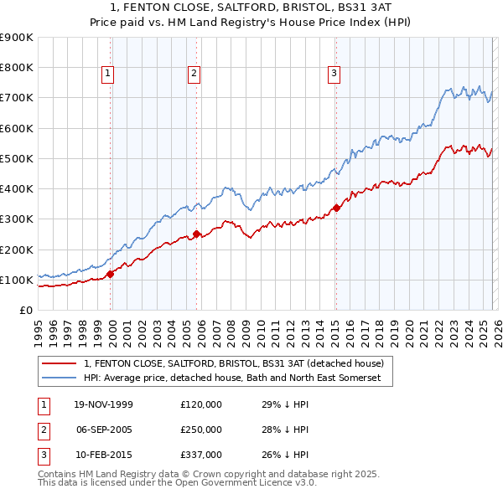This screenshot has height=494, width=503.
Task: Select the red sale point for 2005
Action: coord(196,234)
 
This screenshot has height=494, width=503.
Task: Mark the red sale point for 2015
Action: coord(336,208)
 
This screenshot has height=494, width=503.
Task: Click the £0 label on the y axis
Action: coord(25,311)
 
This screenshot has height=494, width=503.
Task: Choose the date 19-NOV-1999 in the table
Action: coord(102,404)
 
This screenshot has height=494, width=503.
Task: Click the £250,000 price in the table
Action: coord(201,430)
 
